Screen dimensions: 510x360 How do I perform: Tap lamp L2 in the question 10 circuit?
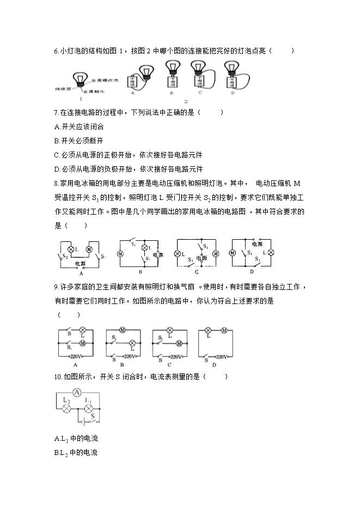[66, 408]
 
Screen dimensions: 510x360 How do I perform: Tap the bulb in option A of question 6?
[145, 70]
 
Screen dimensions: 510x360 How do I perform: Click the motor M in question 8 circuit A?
[90, 249]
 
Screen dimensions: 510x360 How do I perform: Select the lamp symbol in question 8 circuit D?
[268, 253]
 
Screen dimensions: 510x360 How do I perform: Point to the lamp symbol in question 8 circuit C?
[178, 254]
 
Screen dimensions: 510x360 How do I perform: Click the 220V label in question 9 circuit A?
[75, 356]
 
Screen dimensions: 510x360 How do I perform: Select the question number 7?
[57, 112]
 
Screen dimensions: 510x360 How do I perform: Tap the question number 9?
[57, 287]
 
